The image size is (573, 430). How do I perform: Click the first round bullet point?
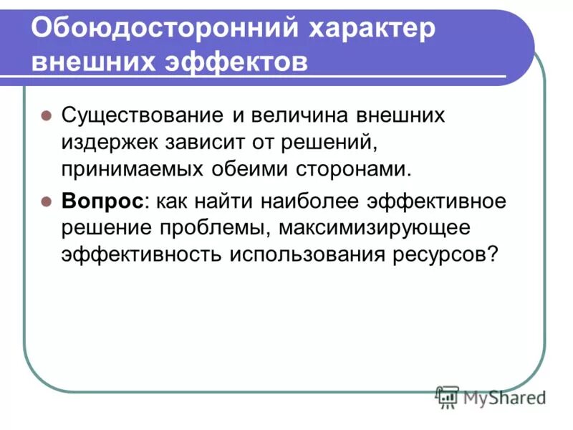pos(45,115)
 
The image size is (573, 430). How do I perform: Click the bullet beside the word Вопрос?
pos(45,201)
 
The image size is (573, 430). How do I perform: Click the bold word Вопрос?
pos(102,201)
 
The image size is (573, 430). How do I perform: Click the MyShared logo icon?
pos(447,396)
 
